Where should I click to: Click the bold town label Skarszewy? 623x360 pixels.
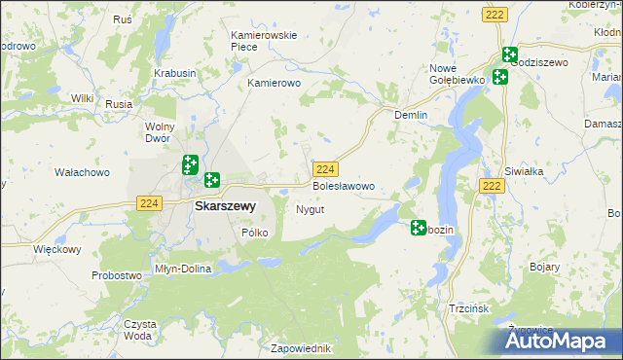(225, 206)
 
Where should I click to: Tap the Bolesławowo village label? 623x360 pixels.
(342, 185)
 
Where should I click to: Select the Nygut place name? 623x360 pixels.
(310, 209)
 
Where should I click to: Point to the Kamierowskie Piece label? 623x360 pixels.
(263, 41)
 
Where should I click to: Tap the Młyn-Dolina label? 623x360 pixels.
(183, 269)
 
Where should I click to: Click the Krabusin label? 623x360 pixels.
(175, 73)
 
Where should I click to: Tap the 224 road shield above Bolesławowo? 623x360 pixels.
(326, 168)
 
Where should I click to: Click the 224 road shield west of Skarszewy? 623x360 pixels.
(148, 202)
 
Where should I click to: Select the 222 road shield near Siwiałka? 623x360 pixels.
(493, 185)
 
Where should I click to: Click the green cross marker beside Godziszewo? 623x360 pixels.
(509, 54)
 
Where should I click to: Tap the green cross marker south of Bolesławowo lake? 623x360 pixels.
(419, 228)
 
